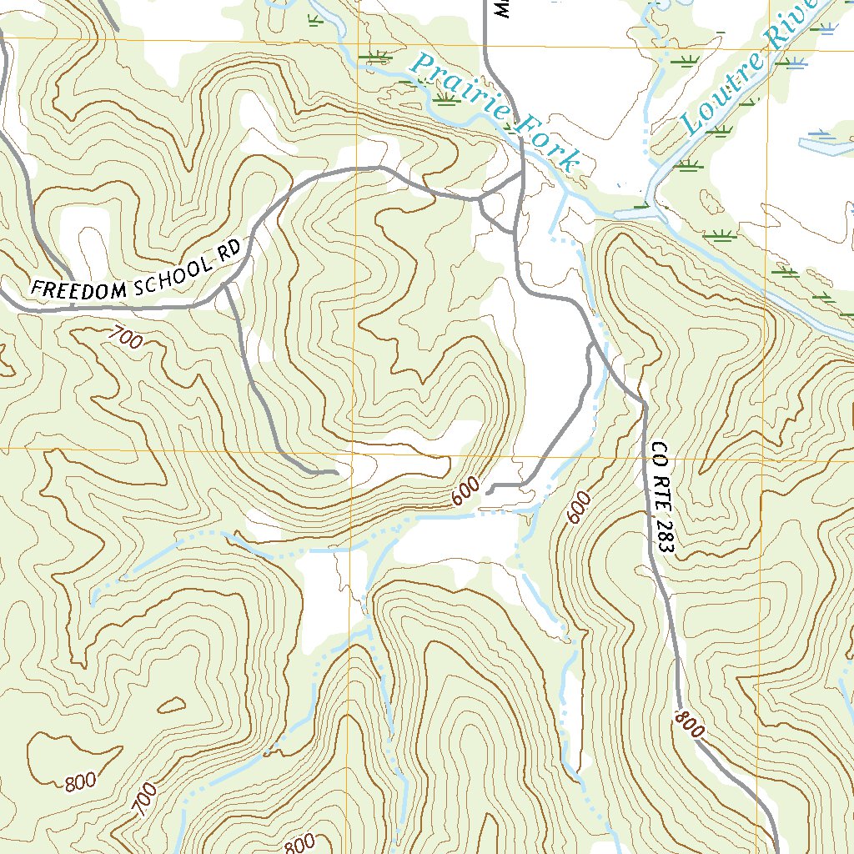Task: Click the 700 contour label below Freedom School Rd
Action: click(x=125, y=338)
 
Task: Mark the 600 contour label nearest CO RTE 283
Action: click(x=579, y=507)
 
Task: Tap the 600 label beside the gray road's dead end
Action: click(x=467, y=491)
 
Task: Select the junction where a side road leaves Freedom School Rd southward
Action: click(x=225, y=289)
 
